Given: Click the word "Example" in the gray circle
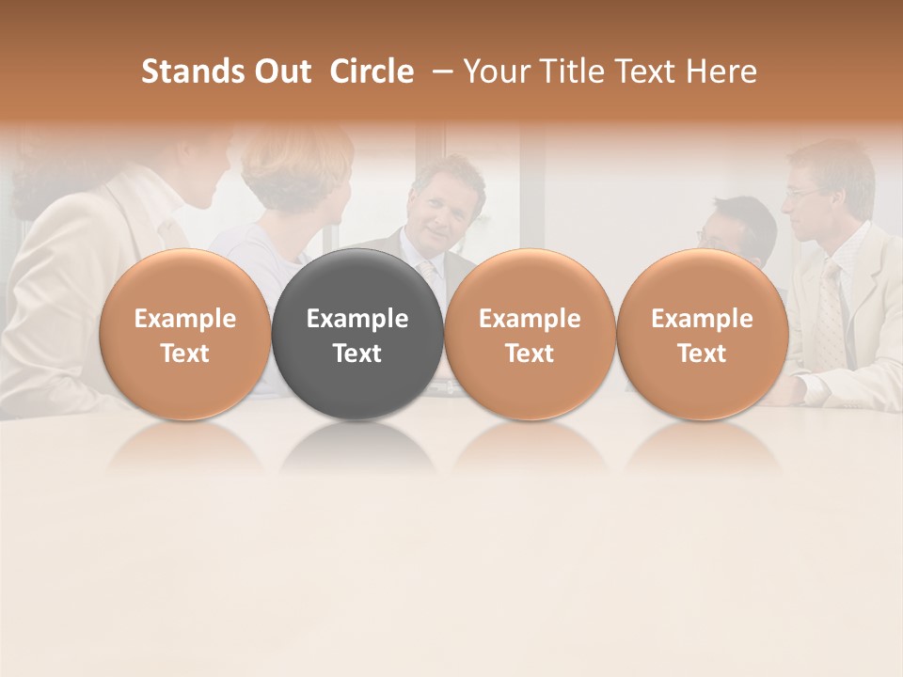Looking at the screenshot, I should [x=357, y=319].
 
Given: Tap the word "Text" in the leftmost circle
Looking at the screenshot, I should [x=184, y=354].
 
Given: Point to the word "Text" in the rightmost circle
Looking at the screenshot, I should [x=703, y=354].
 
